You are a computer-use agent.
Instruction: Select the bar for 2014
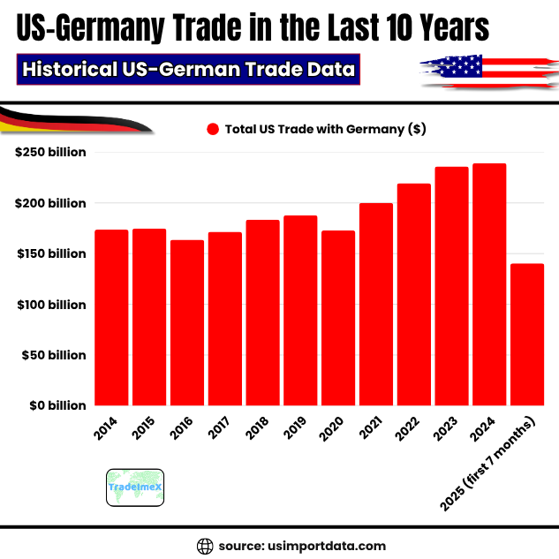pos(111,318)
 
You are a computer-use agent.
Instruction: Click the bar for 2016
pos(187,323)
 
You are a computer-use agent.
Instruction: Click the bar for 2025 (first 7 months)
pos(527,335)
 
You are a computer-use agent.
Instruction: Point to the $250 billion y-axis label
pos(51,152)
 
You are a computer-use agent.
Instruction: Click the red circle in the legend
pos(212,129)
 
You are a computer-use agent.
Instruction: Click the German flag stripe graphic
pos(71,119)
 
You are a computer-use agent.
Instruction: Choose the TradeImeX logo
pos(134,487)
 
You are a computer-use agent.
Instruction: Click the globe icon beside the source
pos(205,545)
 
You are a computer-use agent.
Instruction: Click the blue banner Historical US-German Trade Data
pos(188,69)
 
